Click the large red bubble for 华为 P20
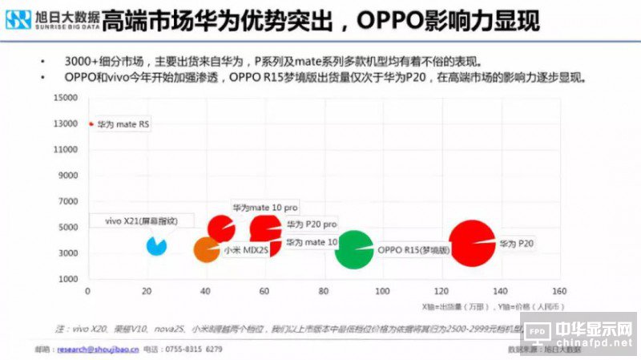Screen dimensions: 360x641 coord(472,242)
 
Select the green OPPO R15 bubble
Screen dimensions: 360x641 coord(353,250)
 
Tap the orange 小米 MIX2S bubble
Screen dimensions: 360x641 coord(207,250)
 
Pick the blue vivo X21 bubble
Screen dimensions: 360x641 coord(157,245)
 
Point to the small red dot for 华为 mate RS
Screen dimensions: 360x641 coord(91,124)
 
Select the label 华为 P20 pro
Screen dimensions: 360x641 coord(312,224)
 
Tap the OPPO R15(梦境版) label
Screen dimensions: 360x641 coord(413,250)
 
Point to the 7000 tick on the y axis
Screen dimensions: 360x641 coord(67,202)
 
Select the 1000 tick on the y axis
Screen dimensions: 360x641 coord(67,279)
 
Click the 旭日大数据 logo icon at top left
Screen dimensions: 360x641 coord(18,19)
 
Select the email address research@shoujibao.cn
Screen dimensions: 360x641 coord(97,350)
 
